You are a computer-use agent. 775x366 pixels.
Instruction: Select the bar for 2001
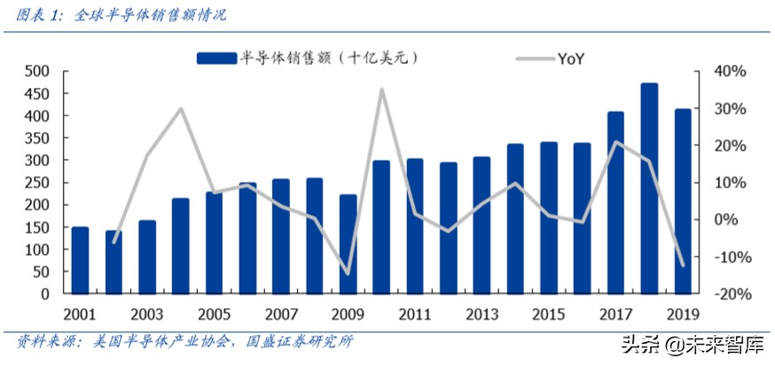point(80,260)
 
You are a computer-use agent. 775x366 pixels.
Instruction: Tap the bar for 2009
point(348,244)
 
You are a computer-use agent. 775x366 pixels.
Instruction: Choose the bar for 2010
point(381,227)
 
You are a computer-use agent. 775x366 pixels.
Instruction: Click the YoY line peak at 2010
point(381,89)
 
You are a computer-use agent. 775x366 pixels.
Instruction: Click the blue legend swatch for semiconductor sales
point(216,58)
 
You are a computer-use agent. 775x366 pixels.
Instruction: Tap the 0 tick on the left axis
point(44,294)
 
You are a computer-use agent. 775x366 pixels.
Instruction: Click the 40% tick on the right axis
point(732,71)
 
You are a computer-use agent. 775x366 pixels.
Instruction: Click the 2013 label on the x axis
point(481,314)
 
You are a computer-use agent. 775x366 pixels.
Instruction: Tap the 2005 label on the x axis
point(214,314)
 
